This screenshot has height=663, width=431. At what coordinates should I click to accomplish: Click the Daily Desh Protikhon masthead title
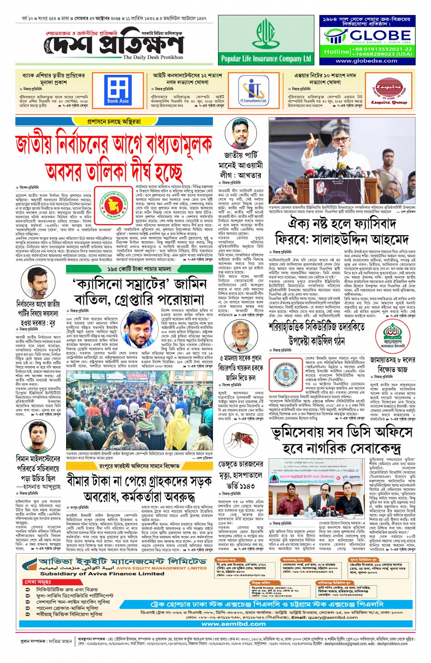tap(116, 46)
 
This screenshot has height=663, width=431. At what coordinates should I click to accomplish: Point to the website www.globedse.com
tap(366, 61)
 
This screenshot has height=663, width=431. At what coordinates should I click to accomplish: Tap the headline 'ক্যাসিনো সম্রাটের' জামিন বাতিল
tap(139, 292)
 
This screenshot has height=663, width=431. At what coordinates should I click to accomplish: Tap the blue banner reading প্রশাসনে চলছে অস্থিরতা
tap(114, 122)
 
